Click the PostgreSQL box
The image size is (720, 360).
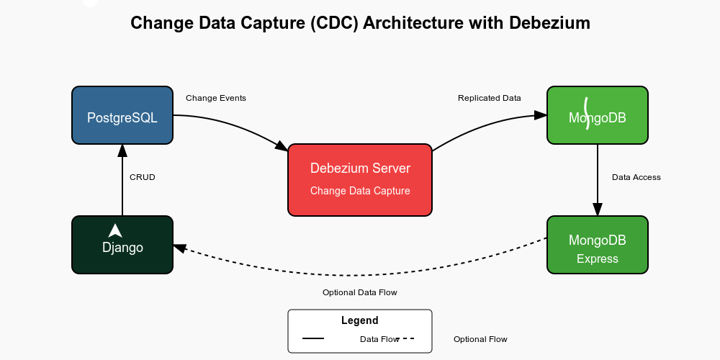[122, 115]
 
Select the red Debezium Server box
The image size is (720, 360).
[360, 179]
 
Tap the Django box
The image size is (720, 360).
[122, 245]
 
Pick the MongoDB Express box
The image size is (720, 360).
[598, 245]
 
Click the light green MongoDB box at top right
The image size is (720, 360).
[598, 115]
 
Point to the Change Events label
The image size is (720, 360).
[216, 98]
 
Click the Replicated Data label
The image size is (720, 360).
[490, 98]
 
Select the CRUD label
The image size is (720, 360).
[142, 177]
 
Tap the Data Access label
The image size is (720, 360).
[636, 177]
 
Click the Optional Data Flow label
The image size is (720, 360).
[360, 292]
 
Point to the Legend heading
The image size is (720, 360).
[360, 320]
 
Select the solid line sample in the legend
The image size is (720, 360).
[313, 338]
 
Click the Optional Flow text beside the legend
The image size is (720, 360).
[480, 339]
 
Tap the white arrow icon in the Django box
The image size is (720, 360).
[115, 230]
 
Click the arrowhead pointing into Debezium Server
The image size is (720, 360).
[282, 146]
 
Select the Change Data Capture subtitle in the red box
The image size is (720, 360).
[360, 191]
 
